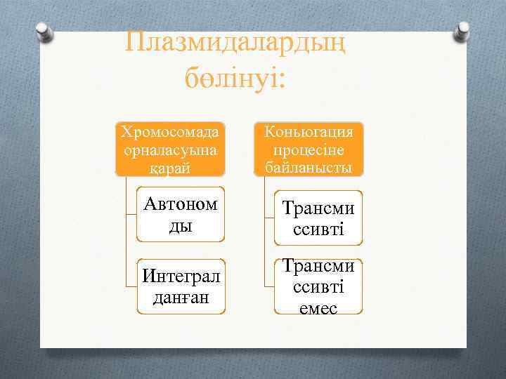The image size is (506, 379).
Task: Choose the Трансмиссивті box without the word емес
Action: [x=318, y=218]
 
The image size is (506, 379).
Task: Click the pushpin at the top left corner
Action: [x=44, y=32]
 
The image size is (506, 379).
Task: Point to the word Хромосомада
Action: [x=170, y=132]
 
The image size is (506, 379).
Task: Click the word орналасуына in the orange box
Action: [x=170, y=150]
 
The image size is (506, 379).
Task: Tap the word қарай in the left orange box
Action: [x=169, y=168]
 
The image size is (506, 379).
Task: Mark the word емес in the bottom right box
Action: [x=318, y=307]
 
